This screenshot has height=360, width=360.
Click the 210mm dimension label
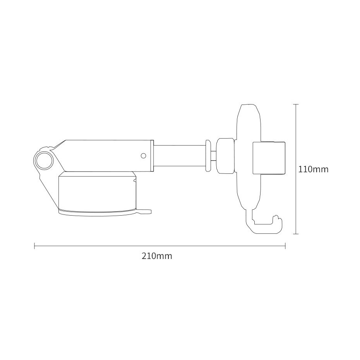click(157, 256)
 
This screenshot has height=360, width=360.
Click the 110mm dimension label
click(313, 169)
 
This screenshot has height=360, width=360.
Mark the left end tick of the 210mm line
click(35, 246)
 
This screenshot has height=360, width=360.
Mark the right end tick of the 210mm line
click(285, 246)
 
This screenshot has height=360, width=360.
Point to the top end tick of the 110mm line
click(296, 105)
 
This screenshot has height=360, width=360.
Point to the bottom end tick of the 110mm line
click(296, 234)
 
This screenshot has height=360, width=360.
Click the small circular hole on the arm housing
click(143, 156)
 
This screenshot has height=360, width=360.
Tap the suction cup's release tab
click(146, 211)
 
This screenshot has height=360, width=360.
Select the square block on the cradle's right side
click(269, 158)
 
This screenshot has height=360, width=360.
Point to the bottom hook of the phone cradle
click(263, 228)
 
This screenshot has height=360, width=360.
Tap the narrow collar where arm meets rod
click(152, 156)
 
